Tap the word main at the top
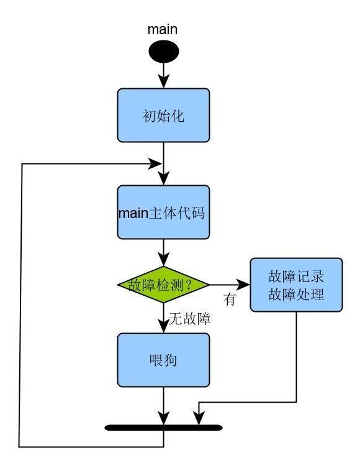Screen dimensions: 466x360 tap(163, 29)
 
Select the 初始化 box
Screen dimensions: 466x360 tap(163, 115)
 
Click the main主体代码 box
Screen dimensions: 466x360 tap(163, 212)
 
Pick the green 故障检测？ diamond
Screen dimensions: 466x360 tap(163, 285)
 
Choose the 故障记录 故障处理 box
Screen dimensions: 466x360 tap(296, 285)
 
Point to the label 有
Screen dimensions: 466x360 tap(230, 300)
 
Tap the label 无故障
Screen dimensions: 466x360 tap(190, 320)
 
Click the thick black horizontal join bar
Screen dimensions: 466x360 tap(163, 427)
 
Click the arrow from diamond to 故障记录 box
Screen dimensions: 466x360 tap(230, 285)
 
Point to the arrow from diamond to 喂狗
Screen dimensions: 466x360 tap(163, 317)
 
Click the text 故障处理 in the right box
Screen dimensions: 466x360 tap(296, 295)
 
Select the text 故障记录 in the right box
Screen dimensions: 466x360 tap(296, 275)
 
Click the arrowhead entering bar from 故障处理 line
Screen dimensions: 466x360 tap(198, 419)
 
